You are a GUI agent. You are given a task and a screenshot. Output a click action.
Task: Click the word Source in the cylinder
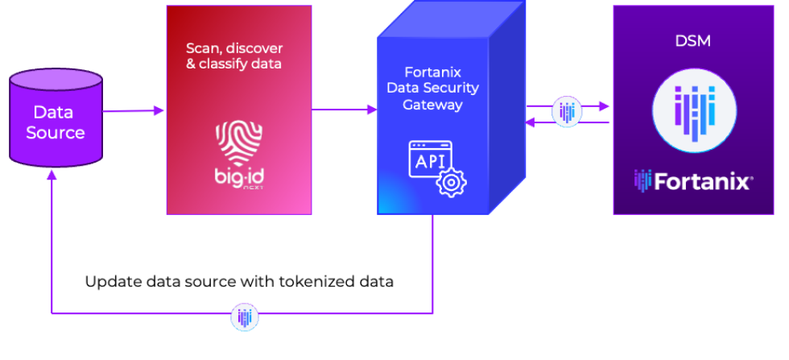coord(56,133)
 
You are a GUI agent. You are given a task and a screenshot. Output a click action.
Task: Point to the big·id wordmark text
coord(238,176)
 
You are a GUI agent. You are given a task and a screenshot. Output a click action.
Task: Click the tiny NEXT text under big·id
coord(252,188)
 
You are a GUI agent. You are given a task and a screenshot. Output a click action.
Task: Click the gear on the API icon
coord(451,182)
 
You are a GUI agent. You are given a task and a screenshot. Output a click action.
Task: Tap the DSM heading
coord(692,40)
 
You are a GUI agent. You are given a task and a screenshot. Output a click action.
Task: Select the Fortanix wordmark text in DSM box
coord(702,181)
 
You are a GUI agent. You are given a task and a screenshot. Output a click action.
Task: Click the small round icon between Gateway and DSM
coord(567,111)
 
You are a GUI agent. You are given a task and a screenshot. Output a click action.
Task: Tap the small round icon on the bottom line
coord(245,318)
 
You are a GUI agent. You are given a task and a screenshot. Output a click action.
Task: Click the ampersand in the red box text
coord(192,63)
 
